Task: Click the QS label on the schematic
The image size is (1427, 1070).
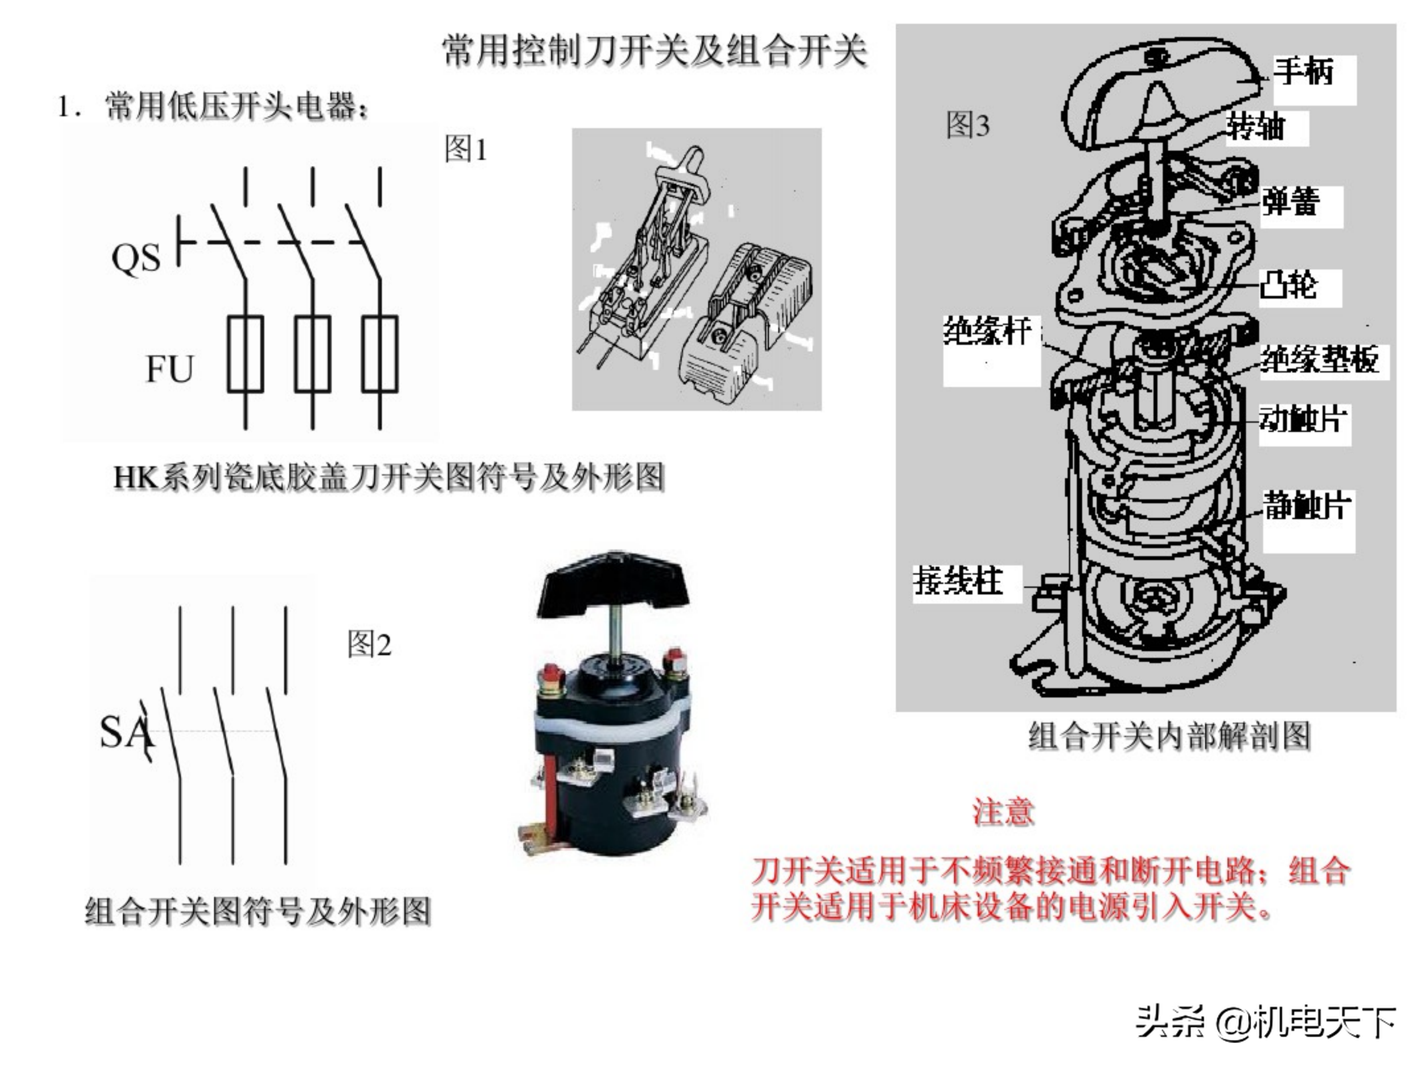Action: tap(135, 259)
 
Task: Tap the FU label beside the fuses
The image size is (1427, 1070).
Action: tap(169, 369)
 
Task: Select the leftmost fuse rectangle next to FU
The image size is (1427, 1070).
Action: tap(245, 354)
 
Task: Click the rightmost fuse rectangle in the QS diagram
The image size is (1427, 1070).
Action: tap(380, 354)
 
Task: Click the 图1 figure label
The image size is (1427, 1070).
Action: tap(465, 150)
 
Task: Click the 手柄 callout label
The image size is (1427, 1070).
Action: tap(1303, 71)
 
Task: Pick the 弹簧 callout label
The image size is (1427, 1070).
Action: tap(1290, 203)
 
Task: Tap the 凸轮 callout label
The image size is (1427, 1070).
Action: tap(1288, 284)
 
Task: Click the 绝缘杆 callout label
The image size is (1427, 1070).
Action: tap(987, 331)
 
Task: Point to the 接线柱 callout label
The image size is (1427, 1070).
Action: tap(958, 581)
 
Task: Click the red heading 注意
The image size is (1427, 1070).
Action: tap(1003, 811)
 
